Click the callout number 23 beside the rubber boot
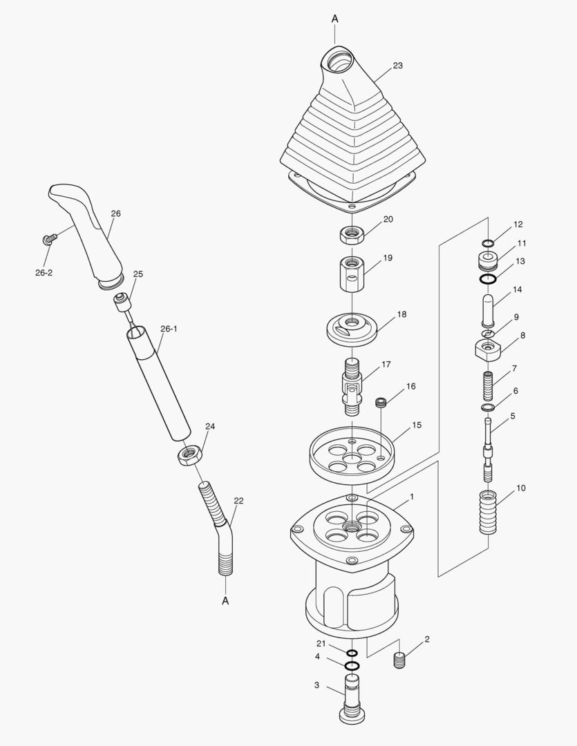[397, 66]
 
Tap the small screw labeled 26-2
[48, 239]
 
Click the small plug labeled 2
[399, 660]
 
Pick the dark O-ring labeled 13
[489, 279]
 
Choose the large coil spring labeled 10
[489, 513]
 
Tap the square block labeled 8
[489, 348]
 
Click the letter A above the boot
[334, 19]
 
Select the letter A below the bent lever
[225, 601]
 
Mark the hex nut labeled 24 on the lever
[188, 455]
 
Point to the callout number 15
[417, 425]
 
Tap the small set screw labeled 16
[379, 402]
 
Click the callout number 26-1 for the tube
[169, 329]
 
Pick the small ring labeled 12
[488, 243]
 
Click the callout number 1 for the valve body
[412, 497]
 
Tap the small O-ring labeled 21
[352, 653]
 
